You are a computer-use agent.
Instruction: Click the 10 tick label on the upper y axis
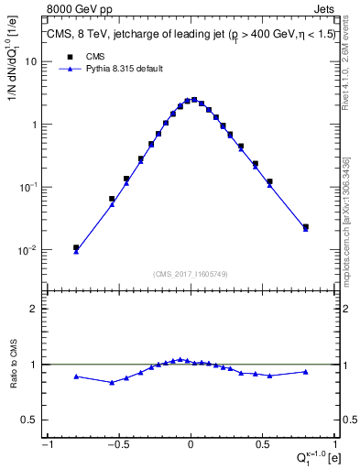[32, 61]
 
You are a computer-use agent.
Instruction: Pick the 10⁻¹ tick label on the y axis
[29, 187]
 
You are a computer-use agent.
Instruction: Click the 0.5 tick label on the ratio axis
[30, 420]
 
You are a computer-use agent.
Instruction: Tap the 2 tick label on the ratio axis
[35, 309]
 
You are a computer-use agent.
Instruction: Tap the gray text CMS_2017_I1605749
[190, 273]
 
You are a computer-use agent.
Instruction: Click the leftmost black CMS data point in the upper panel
[76, 247]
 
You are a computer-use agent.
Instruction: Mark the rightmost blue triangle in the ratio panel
[305, 371]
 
